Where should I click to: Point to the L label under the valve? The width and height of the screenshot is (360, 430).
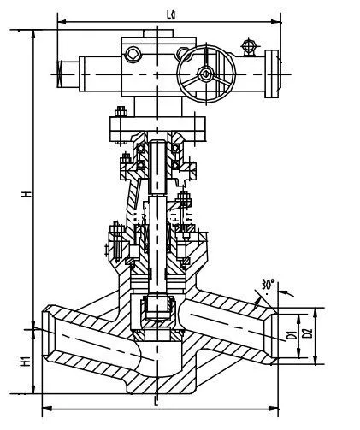click(156, 399)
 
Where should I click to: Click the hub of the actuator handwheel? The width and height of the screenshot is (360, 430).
click(206, 74)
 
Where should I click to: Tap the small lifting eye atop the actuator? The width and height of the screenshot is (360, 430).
click(249, 44)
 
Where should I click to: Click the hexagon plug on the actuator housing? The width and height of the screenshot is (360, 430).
click(133, 56)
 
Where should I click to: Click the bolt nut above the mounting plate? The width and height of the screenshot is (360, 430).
click(121, 109)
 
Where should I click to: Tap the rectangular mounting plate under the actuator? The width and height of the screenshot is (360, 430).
click(156, 127)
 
